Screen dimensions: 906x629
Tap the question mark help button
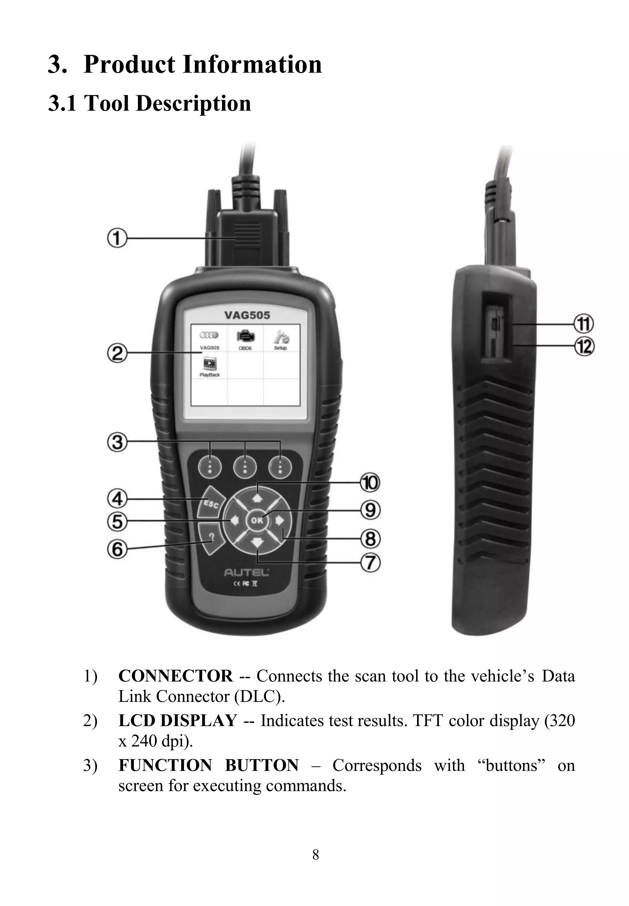coord(212,537)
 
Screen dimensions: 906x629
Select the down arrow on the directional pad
coord(257,543)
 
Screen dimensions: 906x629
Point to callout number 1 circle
coord(117,238)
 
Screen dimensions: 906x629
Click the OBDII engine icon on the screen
coord(245,337)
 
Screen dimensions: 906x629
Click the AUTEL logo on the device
coord(246,572)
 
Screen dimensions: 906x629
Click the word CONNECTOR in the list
coord(175,676)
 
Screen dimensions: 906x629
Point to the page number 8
coord(315,855)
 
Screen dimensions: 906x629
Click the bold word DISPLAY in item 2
coord(199,721)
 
